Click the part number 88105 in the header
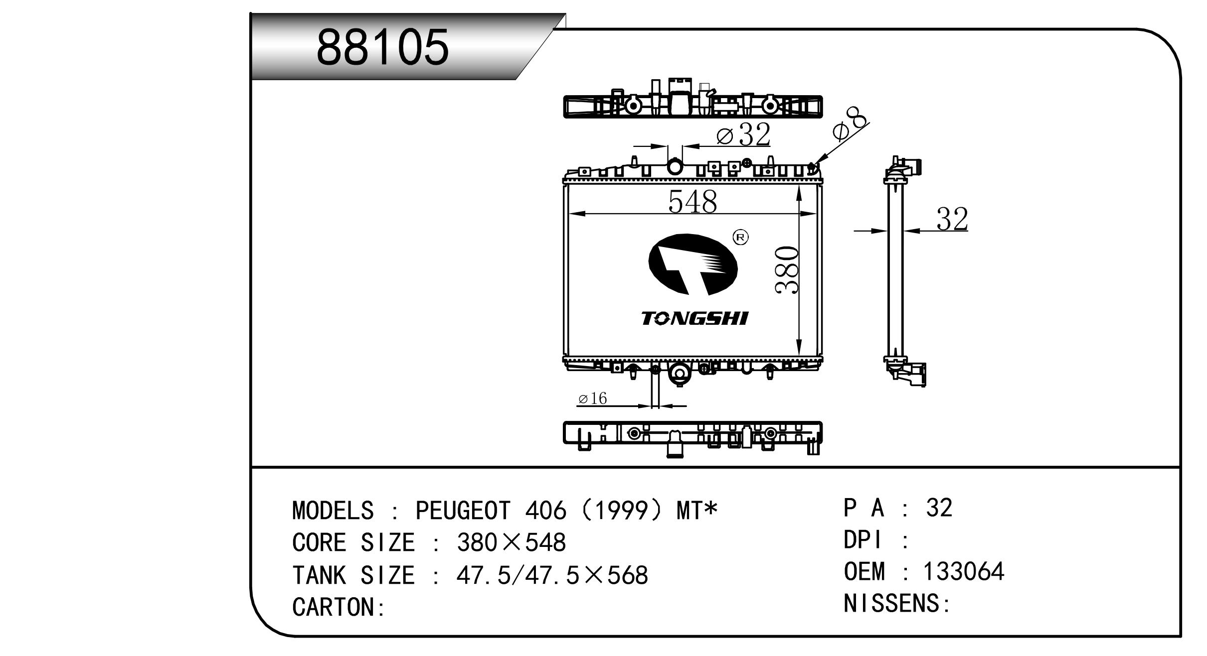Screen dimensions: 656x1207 point(382,47)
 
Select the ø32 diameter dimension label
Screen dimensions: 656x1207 point(743,134)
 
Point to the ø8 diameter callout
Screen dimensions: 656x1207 point(850,125)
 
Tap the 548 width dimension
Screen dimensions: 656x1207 point(692,202)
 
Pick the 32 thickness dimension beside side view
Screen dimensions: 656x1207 point(952,219)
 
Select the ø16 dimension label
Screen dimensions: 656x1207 point(592,398)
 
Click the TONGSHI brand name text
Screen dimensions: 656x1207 point(694,319)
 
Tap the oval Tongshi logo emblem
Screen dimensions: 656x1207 point(692,264)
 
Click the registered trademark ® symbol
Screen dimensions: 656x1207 point(740,238)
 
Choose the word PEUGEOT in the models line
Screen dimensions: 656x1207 point(463,511)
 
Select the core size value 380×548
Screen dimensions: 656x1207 point(512,542)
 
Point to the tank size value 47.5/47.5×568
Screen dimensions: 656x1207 point(552,575)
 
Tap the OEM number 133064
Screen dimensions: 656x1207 point(963,572)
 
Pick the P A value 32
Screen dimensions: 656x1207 point(939,508)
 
